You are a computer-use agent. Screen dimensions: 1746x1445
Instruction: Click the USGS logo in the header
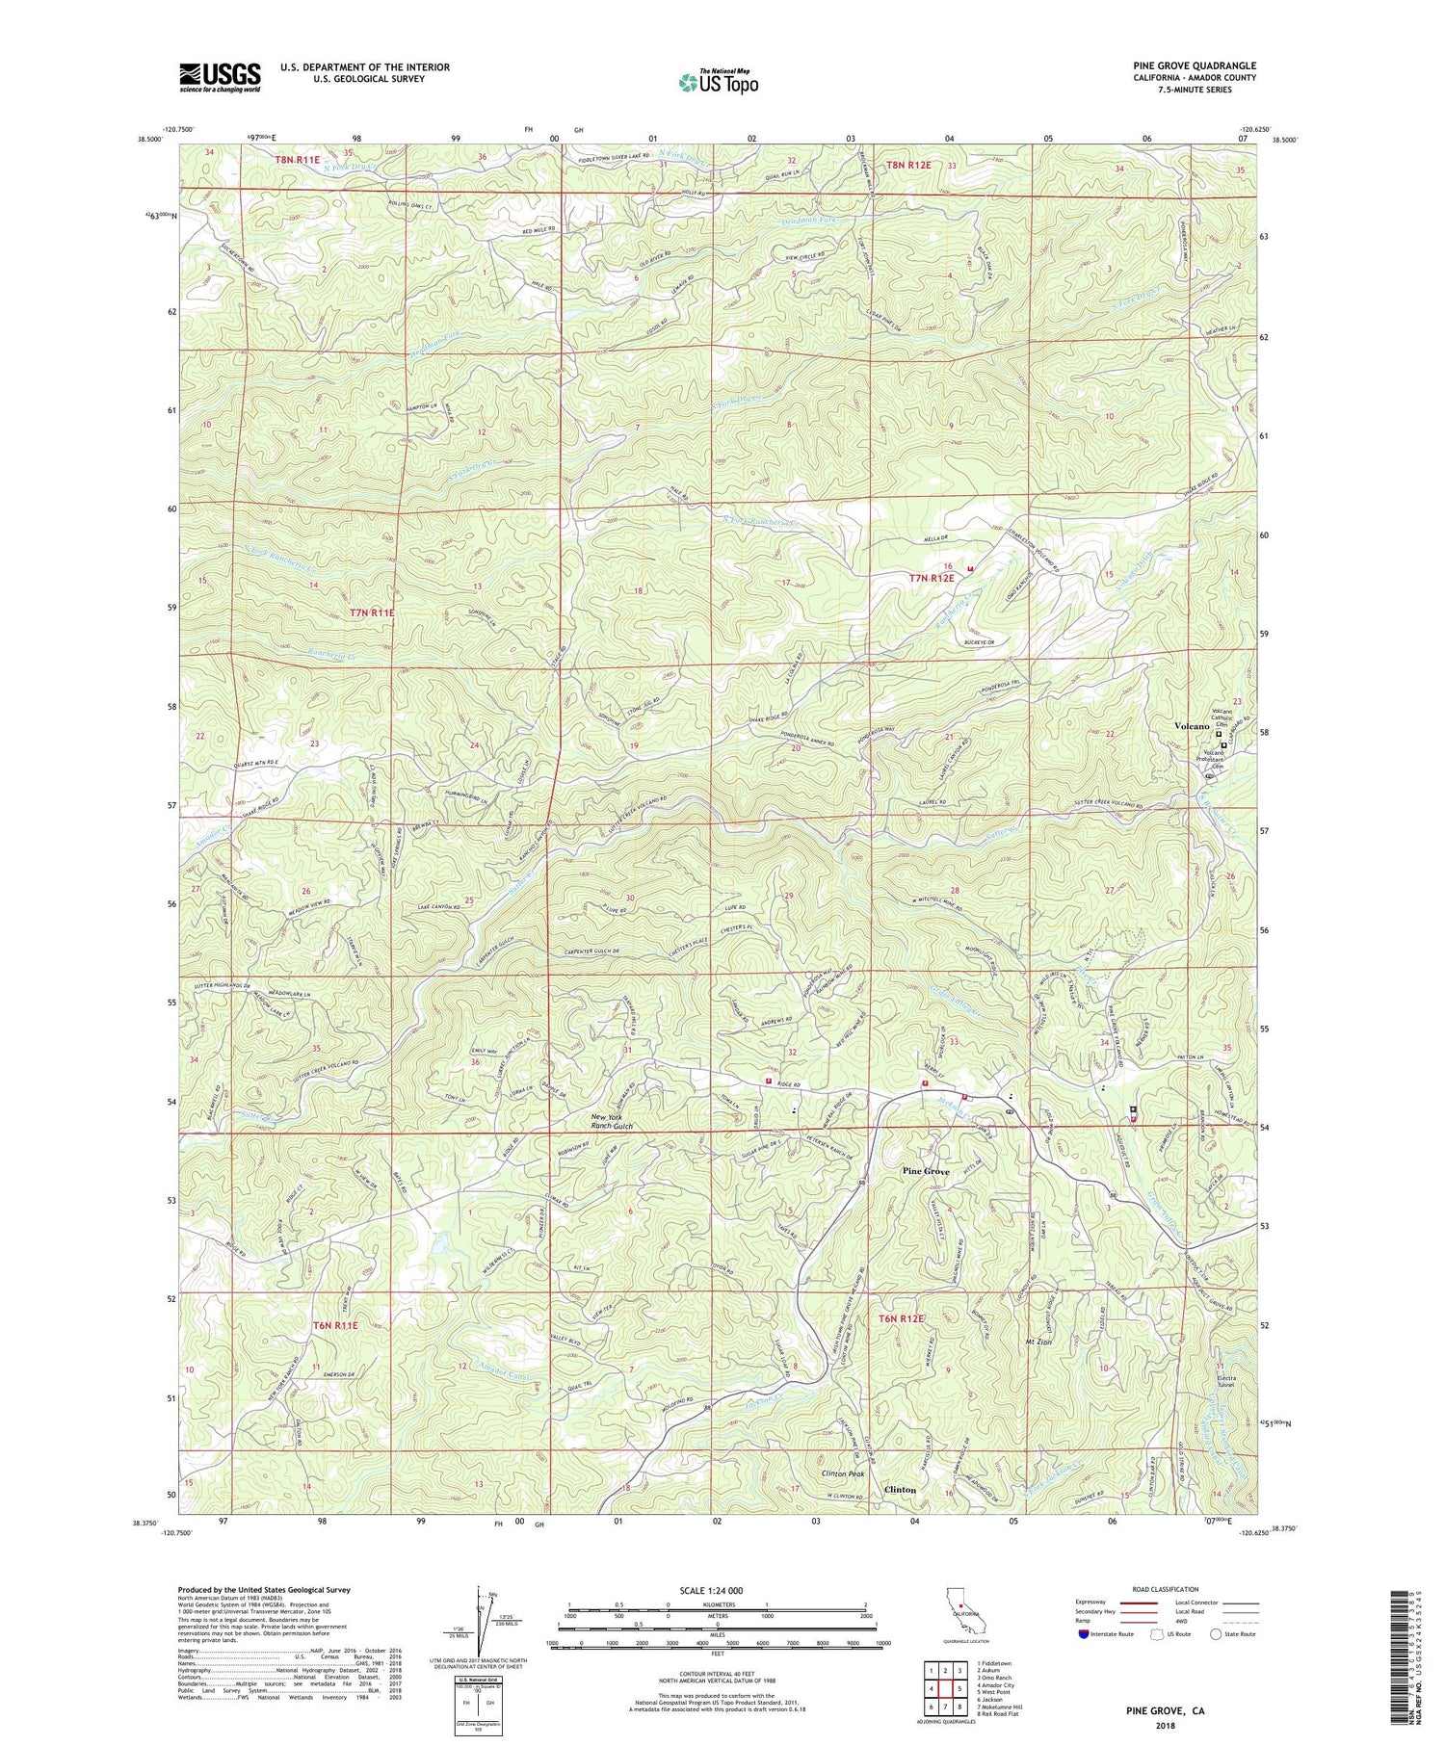point(219,77)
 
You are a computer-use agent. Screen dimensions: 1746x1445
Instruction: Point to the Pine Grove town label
point(925,1171)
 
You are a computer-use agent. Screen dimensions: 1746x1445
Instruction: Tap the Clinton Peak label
point(843,1473)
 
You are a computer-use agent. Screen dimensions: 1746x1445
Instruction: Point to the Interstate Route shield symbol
point(1084,1634)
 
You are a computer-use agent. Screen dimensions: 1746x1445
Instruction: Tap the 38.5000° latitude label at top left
point(150,140)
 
